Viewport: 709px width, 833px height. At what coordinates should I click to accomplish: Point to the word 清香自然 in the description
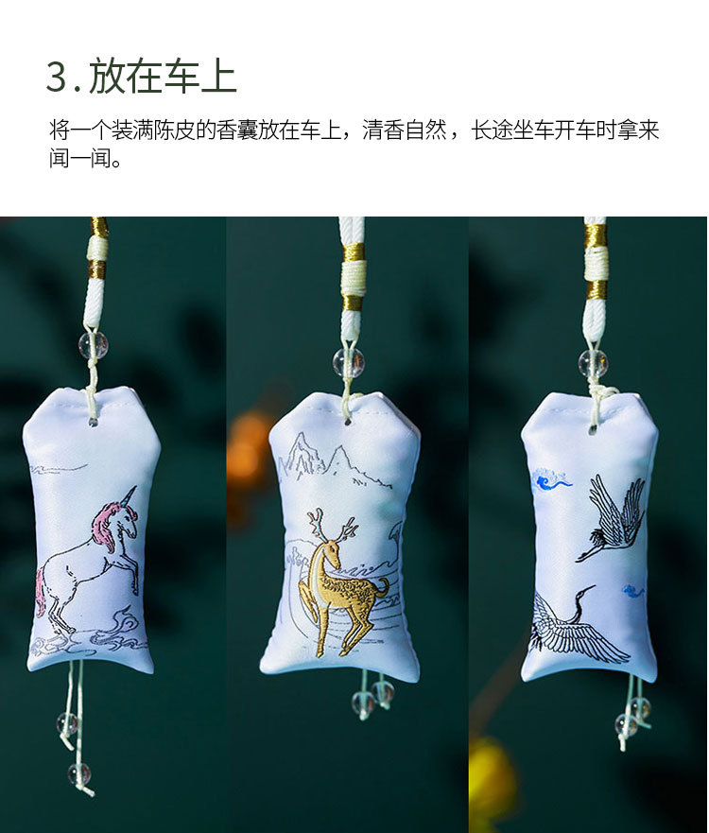(x=405, y=130)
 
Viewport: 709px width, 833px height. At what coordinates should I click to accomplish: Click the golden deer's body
(x=348, y=590)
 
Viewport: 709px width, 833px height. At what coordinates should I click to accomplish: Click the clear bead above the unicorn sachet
(x=94, y=344)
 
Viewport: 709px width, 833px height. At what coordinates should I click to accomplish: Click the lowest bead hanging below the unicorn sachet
(x=79, y=774)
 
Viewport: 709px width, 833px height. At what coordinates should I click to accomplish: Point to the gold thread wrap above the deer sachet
(x=354, y=254)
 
